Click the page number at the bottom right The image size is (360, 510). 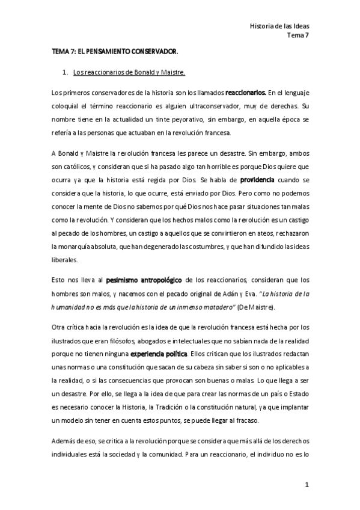pos(306,484)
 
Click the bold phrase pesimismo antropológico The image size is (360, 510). pos(144,280)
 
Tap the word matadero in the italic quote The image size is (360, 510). pos(218,306)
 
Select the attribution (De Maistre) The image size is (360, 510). pos(256,306)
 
